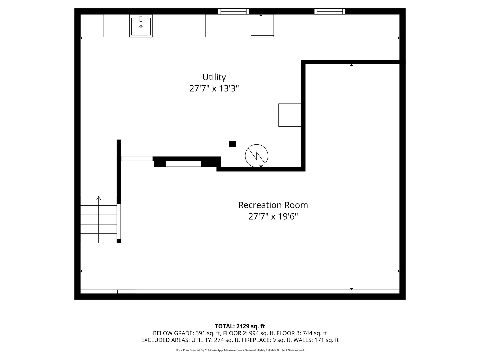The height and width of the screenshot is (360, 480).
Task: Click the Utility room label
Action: tap(214, 77)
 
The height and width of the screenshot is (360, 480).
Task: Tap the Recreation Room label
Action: tap(273, 205)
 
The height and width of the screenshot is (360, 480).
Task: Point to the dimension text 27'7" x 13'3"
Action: tap(214, 89)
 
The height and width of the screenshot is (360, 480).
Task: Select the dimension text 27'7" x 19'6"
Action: tap(273, 217)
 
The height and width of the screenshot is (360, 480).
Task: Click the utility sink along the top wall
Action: tap(141, 26)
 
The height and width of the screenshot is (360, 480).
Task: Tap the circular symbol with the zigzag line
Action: tap(256, 155)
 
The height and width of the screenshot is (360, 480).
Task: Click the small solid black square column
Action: tap(232, 144)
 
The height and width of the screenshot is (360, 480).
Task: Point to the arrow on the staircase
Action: tap(99, 198)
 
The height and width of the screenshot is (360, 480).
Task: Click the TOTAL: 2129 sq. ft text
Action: tap(240, 326)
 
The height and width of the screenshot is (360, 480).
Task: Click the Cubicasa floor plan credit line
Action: tap(240, 350)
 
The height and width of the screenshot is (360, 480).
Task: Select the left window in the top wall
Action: tap(233, 11)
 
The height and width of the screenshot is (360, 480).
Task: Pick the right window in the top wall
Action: tap(330, 11)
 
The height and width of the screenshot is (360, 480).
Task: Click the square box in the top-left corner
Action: tap(92, 26)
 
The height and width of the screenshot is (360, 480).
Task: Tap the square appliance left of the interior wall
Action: tap(290, 115)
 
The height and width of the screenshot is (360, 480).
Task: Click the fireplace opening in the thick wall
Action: tap(183, 164)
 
